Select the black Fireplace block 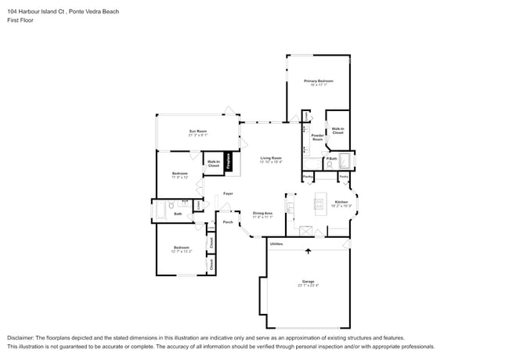229,161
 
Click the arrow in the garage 308,251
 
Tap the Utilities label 276,245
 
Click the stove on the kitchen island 319,205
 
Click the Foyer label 228,193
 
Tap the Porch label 227,222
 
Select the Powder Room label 318,137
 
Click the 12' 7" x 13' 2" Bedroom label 182,250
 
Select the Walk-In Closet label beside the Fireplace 213,164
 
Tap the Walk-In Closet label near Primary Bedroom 338,131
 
